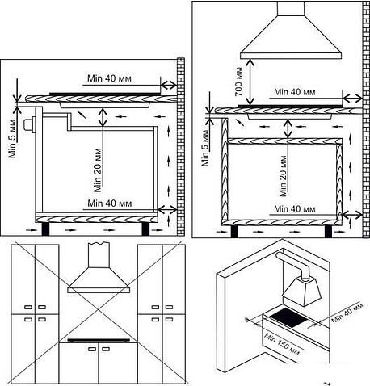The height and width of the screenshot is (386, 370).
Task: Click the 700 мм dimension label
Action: (238, 82)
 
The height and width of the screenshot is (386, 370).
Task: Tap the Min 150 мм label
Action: (281, 344)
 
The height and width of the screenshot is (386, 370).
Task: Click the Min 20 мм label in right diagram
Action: (283, 176)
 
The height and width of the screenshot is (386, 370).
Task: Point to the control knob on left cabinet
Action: (30, 125)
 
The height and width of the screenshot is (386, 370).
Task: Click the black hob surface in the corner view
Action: (288, 318)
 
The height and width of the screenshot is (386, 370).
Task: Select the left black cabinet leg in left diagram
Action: (45, 229)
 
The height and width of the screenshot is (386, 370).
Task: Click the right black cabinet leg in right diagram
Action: (329, 232)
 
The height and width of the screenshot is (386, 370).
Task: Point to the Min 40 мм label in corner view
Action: (347, 313)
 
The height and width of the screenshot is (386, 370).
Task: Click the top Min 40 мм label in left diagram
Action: (109, 78)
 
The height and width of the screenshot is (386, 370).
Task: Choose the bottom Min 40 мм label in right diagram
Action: (294, 209)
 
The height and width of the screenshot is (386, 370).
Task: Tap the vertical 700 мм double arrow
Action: (250, 82)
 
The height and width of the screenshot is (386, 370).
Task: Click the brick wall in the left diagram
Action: (181, 147)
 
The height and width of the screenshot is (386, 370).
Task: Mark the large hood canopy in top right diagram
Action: (291, 30)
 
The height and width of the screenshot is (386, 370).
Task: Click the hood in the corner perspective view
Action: (303, 292)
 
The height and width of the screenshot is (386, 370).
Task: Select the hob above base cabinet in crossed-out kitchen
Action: (99, 340)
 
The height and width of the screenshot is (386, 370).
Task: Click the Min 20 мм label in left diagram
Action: (98, 170)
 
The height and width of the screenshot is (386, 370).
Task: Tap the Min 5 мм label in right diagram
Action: (205, 148)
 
